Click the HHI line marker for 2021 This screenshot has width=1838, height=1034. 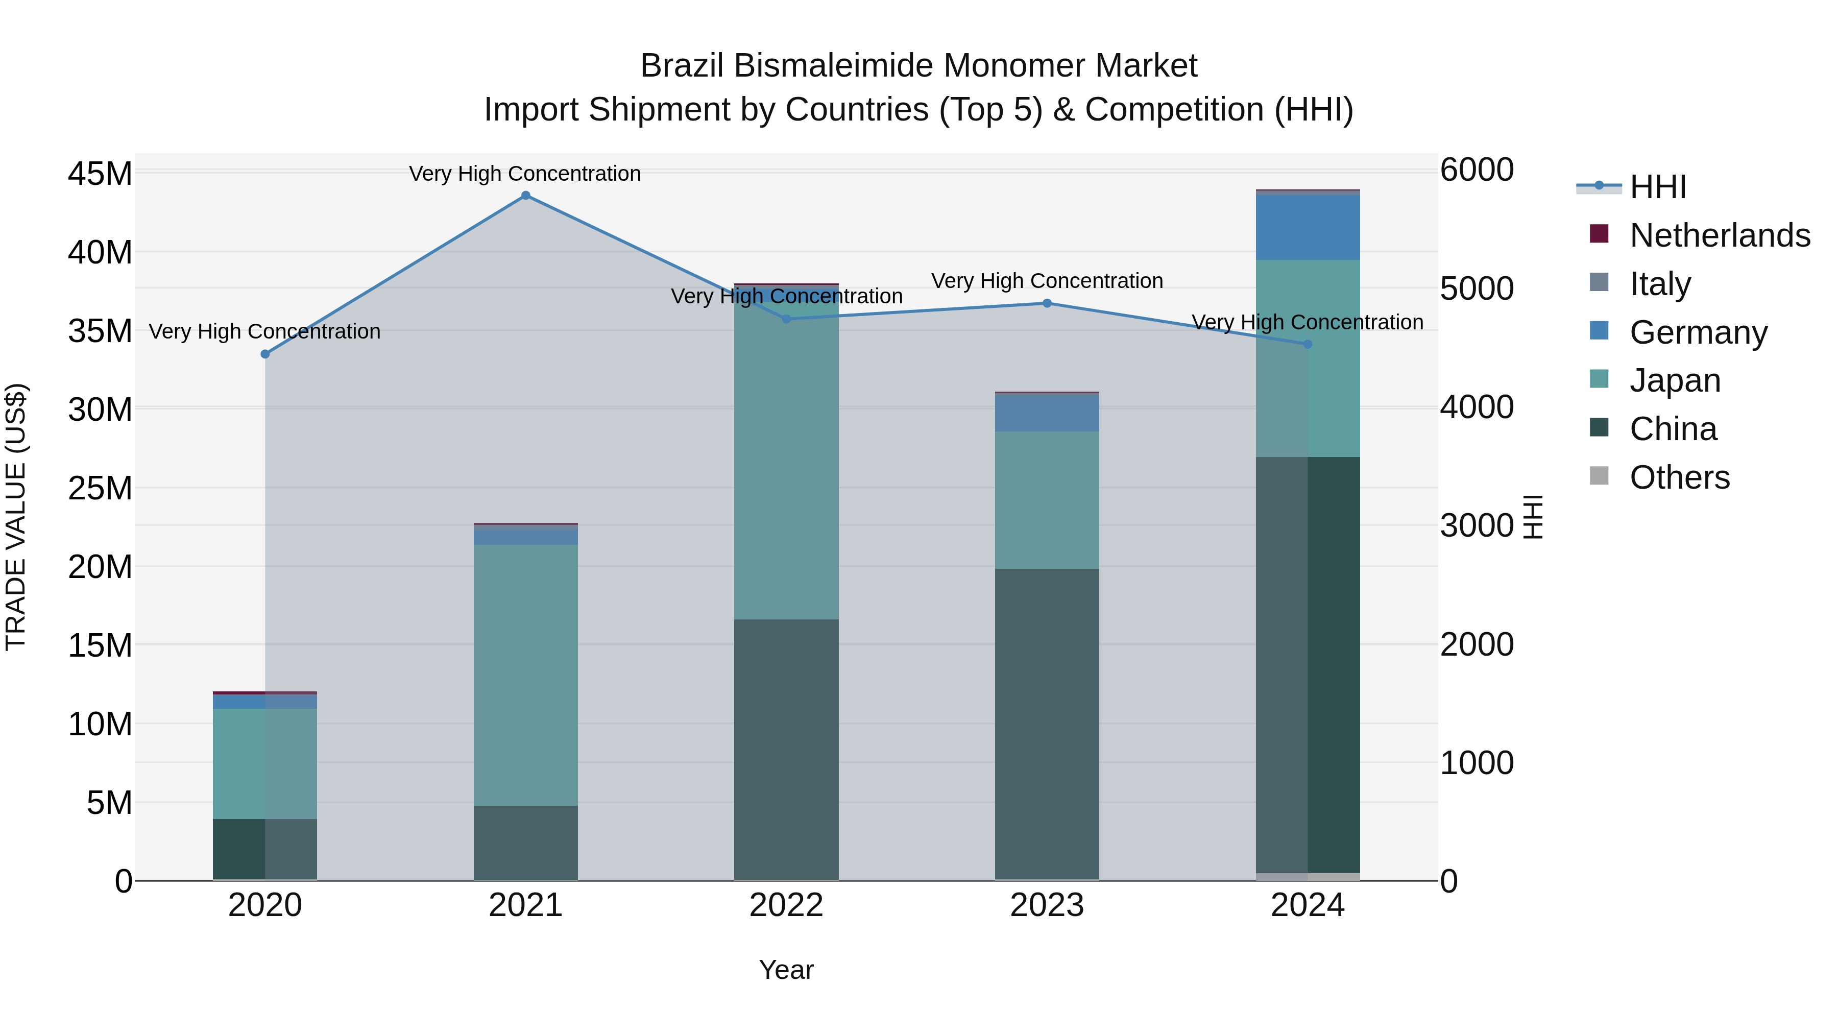(525, 196)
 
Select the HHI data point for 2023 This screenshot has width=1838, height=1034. (1047, 303)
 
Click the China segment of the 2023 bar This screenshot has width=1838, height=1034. (1047, 724)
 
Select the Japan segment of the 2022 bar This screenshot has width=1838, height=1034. (786, 456)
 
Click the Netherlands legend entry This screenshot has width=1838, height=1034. (1719, 235)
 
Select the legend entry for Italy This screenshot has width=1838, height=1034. (1660, 284)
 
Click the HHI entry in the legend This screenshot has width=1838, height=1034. (1657, 187)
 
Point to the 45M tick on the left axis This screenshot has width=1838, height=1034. (100, 174)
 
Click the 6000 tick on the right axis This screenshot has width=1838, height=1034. (1476, 170)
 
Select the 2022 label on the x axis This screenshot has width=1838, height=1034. (786, 905)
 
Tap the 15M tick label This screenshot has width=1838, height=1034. (100, 646)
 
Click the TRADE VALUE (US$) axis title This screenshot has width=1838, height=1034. (16, 517)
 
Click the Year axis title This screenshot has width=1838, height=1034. (786, 970)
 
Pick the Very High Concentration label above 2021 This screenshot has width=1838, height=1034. (525, 174)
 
